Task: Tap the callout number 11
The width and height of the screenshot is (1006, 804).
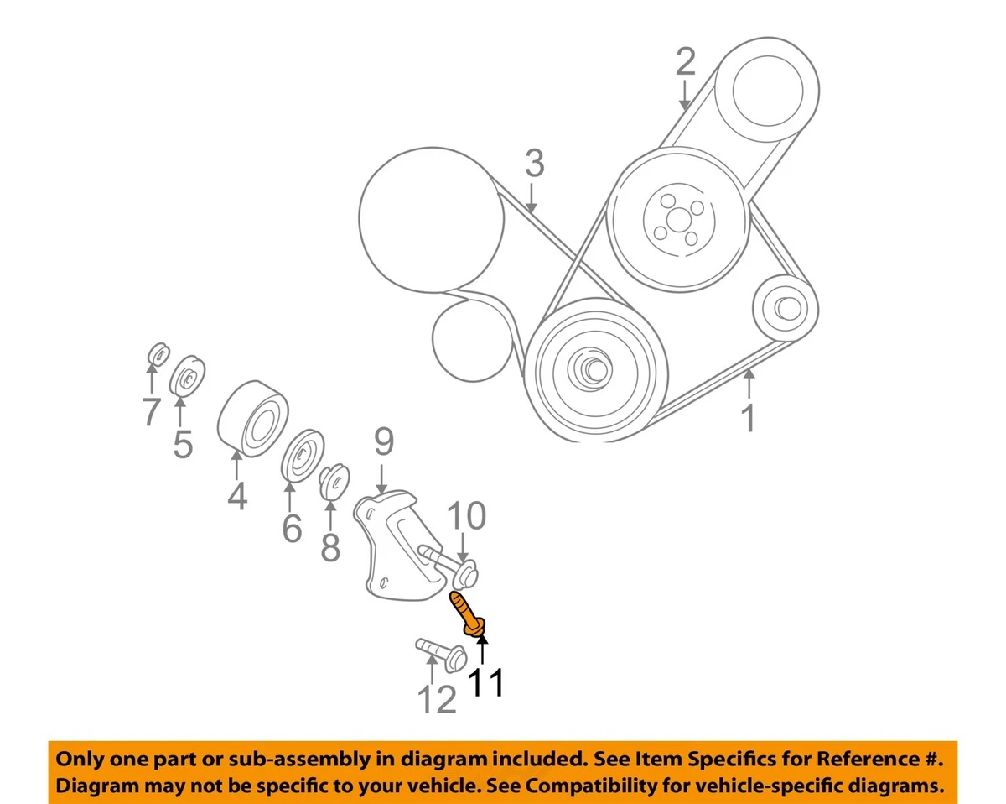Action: point(486,681)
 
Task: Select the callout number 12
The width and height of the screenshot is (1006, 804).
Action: point(437,698)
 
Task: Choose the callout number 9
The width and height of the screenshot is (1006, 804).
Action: point(384,442)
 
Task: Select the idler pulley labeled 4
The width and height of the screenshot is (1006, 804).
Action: point(252,420)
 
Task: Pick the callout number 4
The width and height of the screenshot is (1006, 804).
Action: point(237,496)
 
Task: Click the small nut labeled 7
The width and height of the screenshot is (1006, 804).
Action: point(156,355)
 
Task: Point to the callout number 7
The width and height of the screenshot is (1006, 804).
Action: point(151,412)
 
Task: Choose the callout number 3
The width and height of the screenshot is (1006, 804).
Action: point(534,164)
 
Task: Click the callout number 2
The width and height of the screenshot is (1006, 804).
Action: point(686,61)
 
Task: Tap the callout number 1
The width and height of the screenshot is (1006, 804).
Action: point(749,417)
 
